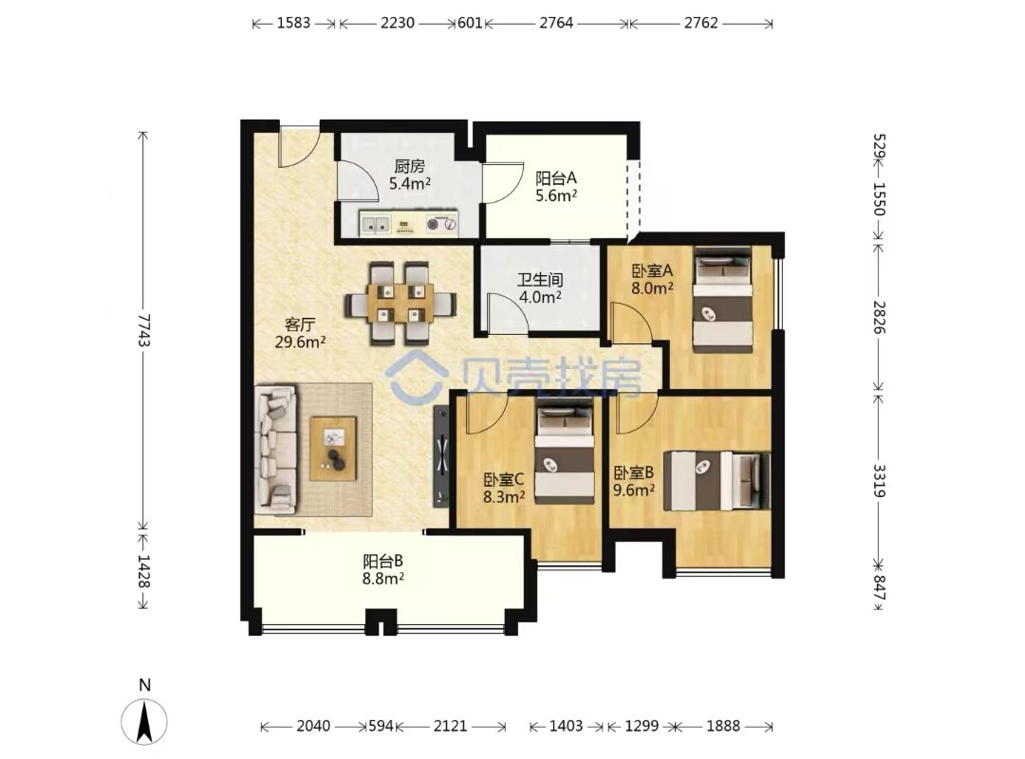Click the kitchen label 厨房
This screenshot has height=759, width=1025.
pos(409,167)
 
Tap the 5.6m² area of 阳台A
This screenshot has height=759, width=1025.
pos(556,194)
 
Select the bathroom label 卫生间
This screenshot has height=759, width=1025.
pos(540,280)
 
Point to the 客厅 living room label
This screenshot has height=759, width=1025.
pos(300,324)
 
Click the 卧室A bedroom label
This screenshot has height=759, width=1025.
pos(652,270)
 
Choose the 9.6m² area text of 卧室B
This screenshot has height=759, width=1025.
pos(634,490)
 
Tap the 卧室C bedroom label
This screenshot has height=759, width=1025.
pos(504,480)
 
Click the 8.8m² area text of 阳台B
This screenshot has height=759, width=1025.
pos(383,578)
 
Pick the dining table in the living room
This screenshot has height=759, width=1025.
pos(401,304)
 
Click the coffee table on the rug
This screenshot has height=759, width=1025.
pos(333,449)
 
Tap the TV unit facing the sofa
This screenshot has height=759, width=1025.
pos(441,455)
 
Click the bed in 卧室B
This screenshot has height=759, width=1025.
pos(717,480)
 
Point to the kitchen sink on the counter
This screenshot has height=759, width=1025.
pos(375,224)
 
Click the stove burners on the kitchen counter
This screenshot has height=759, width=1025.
pos(441,224)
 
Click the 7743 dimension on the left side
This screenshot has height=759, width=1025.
pos(143,331)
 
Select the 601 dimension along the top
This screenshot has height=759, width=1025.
pos(470,23)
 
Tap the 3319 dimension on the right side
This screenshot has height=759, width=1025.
pos(879,480)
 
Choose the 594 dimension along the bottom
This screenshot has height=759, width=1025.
pos(382,726)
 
